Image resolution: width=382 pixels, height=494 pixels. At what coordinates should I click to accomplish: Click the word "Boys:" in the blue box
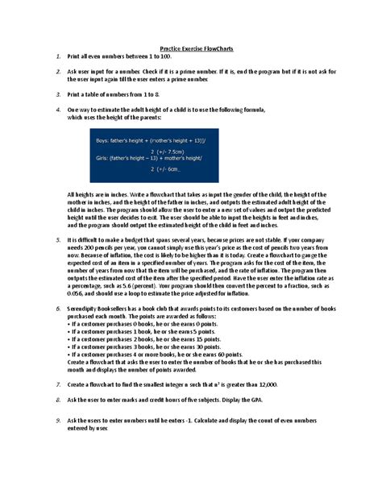(x=106, y=139)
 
